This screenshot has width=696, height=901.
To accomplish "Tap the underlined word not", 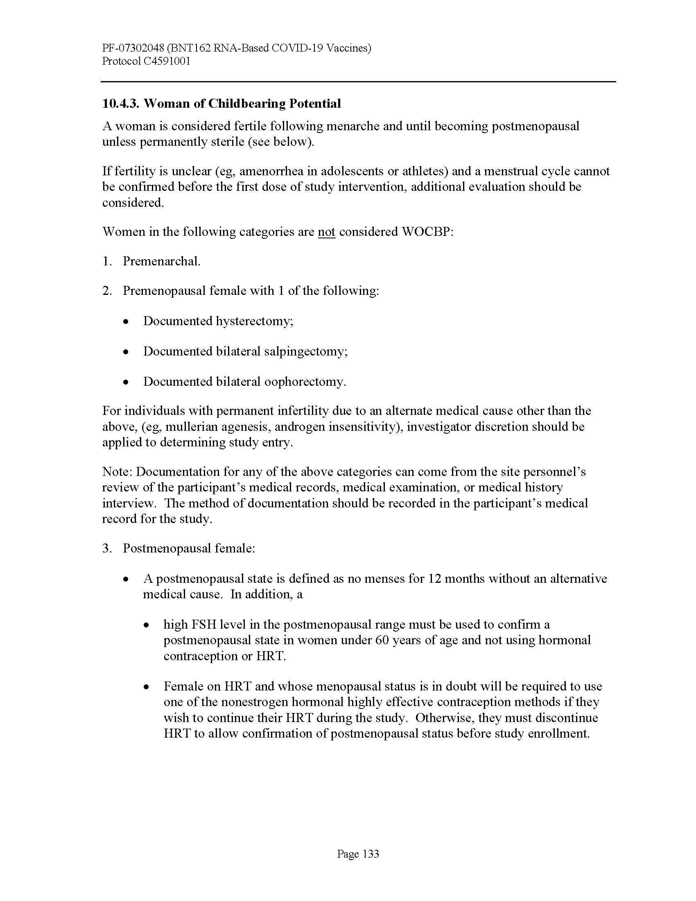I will point(326,231).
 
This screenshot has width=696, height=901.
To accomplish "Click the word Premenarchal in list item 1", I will point(160,261).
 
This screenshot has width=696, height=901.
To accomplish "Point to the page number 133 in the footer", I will point(370,853).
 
